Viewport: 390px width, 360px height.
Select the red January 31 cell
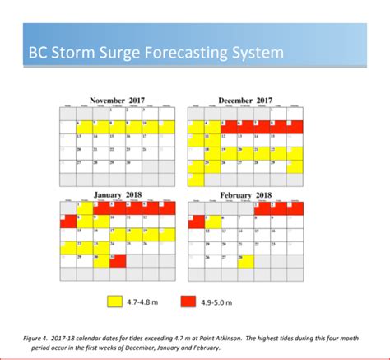[118, 261]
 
